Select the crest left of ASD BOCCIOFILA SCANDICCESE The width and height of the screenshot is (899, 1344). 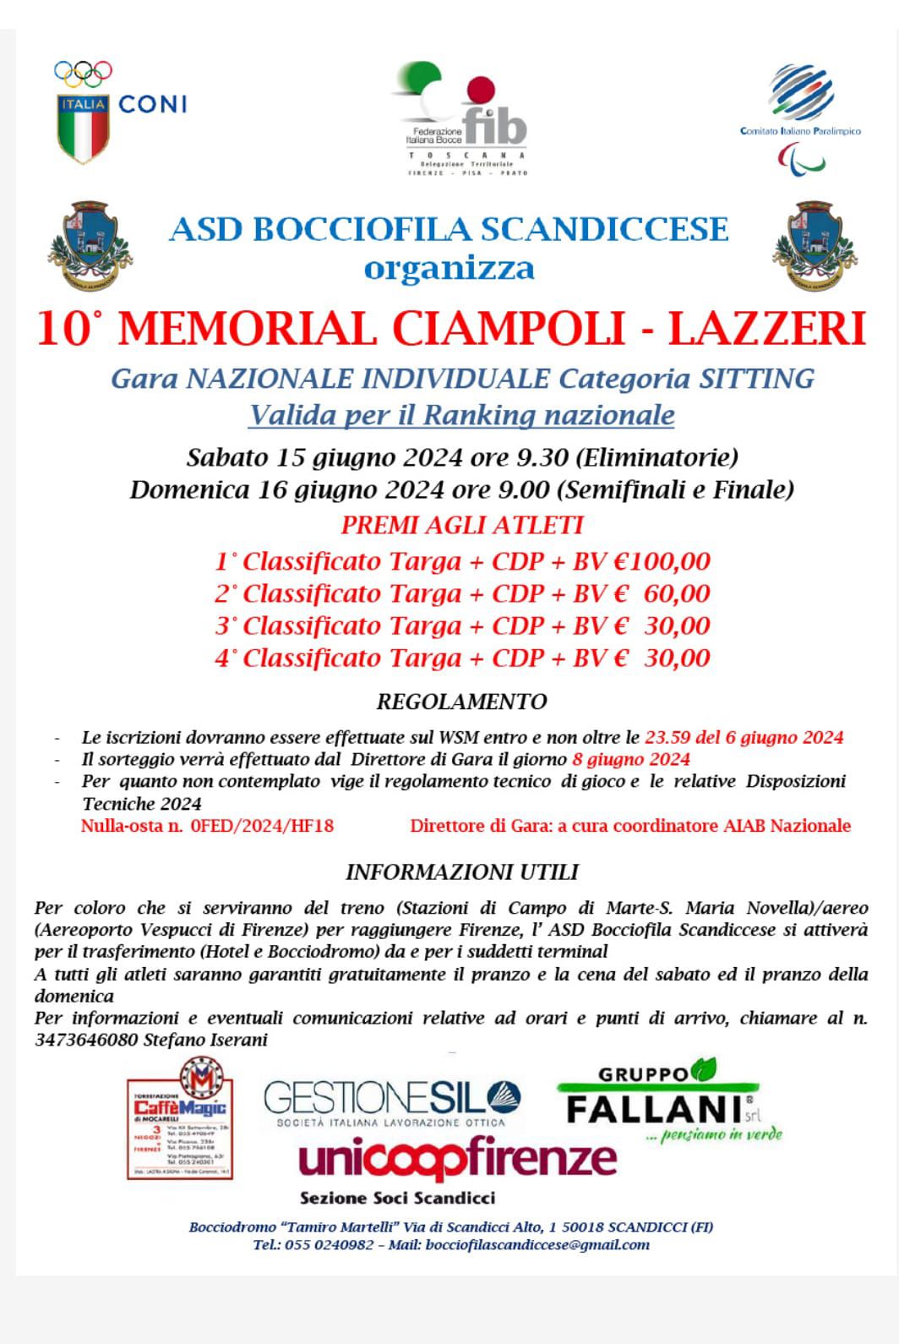click(x=86, y=245)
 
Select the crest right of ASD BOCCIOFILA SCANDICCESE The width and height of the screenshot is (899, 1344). click(x=815, y=246)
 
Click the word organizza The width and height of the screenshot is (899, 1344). click(x=449, y=269)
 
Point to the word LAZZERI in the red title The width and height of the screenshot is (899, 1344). click(x=767, y=329)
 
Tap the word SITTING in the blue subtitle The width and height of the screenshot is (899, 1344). click(x=756, y=379)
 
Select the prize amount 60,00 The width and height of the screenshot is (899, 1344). click(x=676, y=593)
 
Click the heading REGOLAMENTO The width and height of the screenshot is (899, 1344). click(x=461, y=702)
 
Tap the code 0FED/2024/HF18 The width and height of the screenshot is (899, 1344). click(x=262, y=826)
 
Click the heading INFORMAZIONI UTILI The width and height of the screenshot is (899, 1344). click(x=461, y=871)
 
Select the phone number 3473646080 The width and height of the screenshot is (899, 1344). click(x=85, y=1040)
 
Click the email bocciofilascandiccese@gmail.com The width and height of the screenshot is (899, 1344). click(x=537, y=1244)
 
